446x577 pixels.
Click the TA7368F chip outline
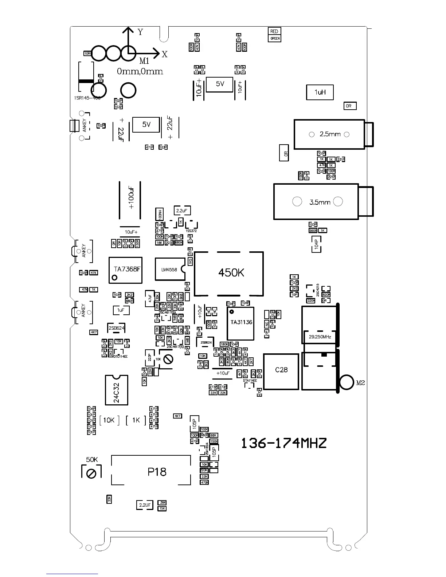tap(125, 270)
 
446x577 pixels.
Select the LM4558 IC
tap(169, 270)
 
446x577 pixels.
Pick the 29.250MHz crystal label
tap(320, 337)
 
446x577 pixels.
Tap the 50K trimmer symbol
tap(91, 473)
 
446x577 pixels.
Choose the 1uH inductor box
tap(320, 93)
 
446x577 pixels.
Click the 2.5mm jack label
tap(330, 134)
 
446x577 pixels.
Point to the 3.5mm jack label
tap(320, 202)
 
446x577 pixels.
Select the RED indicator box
tap(274, 32)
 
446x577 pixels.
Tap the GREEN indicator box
tap(275, 38)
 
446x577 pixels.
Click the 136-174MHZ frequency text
tap(284, 443)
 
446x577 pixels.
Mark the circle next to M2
tap(347, 382)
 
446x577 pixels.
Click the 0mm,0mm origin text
tap(140, 72)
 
